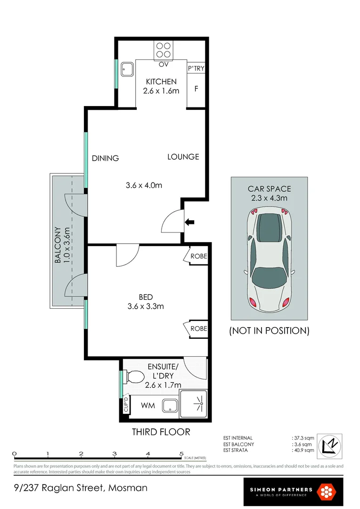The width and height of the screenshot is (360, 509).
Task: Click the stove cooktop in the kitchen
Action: point(164,50)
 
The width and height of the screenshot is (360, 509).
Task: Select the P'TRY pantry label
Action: point(196,68)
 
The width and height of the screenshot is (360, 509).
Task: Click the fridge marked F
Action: point(196,88)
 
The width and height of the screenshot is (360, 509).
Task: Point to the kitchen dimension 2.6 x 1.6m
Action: point(161,90)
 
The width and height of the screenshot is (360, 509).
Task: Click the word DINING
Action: point(105,158)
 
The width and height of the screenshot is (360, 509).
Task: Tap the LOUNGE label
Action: point(183,156)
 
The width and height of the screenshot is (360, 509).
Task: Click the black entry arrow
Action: point(189,222)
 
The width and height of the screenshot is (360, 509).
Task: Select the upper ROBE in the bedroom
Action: point(198,256)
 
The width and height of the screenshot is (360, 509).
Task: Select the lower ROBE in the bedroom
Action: point(198,328)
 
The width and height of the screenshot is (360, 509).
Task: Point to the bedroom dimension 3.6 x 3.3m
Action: point(145,306)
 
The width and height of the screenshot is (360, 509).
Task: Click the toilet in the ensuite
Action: point(134,378)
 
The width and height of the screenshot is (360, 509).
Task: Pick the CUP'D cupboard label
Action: point(126,405)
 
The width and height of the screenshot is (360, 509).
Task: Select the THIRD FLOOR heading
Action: point(161,432)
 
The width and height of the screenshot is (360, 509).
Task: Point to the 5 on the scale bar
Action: point(181,454)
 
